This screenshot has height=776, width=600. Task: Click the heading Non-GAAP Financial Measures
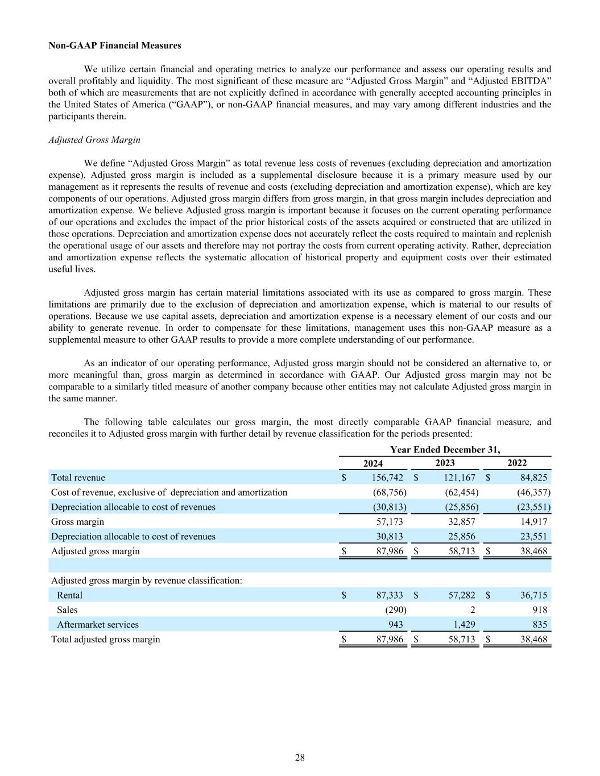(115, 45)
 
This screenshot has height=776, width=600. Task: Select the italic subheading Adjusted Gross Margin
(94, 140)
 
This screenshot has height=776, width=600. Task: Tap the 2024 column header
(373, 464)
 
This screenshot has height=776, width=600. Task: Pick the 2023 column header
(445, 463)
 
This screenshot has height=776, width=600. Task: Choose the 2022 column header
(516, 463)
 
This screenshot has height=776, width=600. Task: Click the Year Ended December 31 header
(445, 450)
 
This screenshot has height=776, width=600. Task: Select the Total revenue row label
(78, 478)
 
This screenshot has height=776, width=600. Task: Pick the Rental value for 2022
(533, 595)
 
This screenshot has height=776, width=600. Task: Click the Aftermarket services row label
(98, 625)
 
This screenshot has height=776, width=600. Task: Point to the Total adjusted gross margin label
(106, 640)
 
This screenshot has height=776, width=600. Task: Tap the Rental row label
(69, 595)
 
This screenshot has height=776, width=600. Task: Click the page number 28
(300, 758)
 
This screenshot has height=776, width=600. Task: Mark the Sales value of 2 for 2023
(473, 610)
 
